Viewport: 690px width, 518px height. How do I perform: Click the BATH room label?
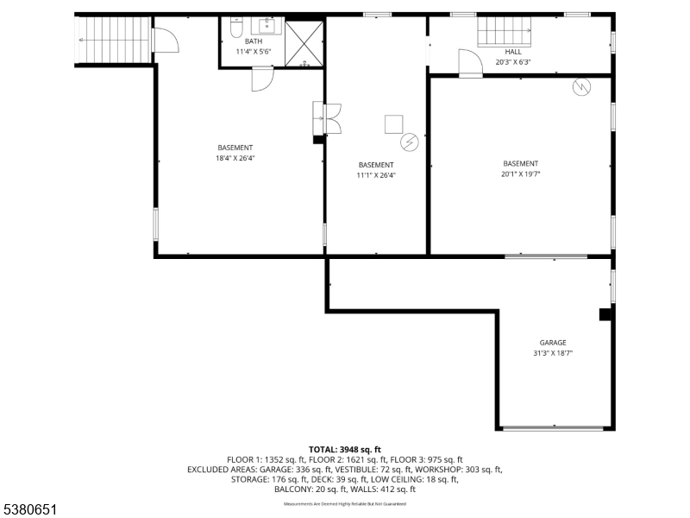253,41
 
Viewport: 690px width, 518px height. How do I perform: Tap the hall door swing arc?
470,62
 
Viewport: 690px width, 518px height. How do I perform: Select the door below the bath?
262,79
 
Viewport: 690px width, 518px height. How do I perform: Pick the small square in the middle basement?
393,123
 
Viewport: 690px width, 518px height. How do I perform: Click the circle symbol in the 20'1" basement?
581,86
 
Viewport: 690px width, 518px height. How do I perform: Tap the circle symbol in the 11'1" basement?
411,141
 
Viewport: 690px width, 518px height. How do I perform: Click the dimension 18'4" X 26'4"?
235,158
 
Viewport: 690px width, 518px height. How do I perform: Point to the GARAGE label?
553,343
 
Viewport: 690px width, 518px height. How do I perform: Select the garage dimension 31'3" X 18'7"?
553,353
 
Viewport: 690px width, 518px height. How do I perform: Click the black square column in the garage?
605,316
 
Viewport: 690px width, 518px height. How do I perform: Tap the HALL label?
513,52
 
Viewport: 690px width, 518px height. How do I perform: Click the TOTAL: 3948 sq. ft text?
344,449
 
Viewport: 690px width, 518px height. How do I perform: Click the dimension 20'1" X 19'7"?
521,174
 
